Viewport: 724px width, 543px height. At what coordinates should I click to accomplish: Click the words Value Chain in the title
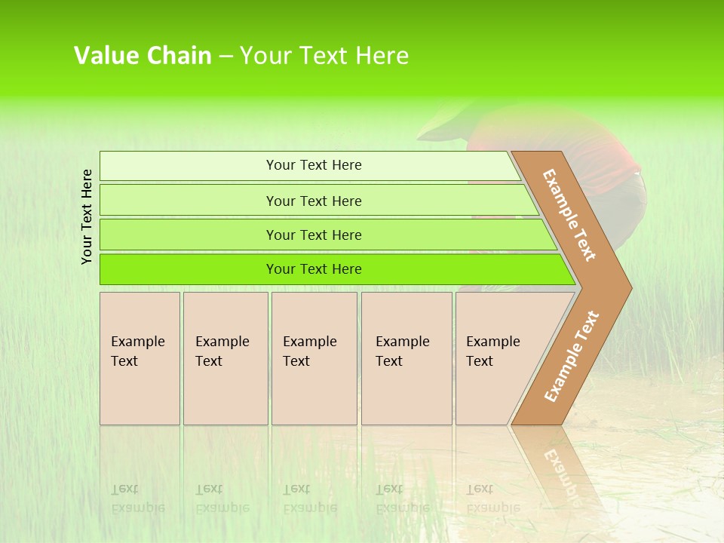(143, 56)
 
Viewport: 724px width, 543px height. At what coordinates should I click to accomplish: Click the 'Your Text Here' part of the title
(324, 56)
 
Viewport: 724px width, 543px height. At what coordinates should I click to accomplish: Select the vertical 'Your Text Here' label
(87, 216)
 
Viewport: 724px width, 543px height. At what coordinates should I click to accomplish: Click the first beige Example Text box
(140, 358)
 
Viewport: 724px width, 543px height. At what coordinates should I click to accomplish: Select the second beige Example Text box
(225, 358)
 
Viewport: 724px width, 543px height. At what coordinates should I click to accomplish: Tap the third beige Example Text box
(313, 358)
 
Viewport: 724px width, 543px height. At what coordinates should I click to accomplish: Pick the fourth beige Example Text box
(406, 358)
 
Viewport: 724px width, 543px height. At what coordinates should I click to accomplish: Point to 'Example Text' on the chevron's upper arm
(569, 215)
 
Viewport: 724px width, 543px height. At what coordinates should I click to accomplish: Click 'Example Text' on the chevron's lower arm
(571, 357)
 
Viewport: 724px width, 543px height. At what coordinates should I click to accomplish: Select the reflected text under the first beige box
(138, 499)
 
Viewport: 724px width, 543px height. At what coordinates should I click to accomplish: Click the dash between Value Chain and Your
(225, 57)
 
